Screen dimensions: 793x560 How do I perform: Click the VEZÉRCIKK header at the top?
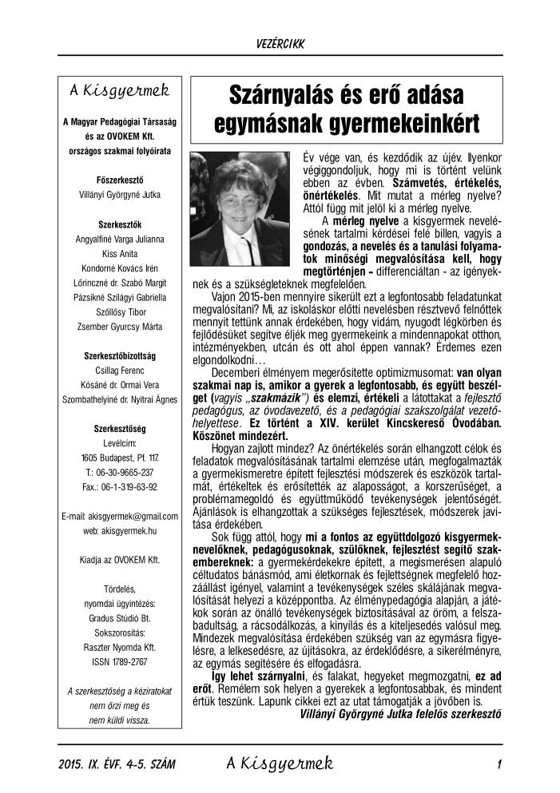coord(280,42)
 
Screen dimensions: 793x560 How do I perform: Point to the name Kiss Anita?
coord(123,252)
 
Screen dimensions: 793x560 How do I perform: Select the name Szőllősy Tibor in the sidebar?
coord(123,310)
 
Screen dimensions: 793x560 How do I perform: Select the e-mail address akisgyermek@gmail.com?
coord(123,516)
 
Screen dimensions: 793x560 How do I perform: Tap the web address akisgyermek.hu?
coord(123,530)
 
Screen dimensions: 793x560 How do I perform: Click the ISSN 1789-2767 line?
coord(123,661)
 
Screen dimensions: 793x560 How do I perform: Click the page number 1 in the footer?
coord(498,764)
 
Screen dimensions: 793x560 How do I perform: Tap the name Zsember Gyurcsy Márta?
coord(123,325)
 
